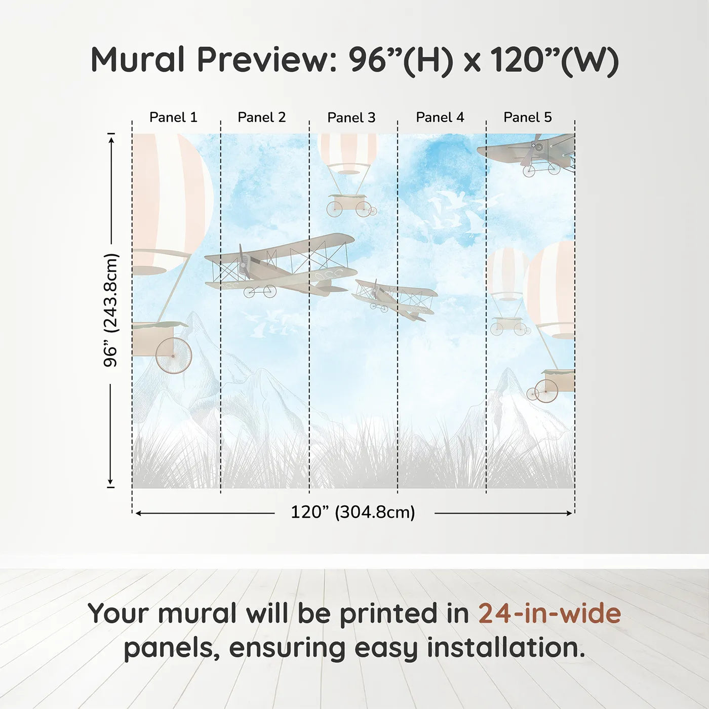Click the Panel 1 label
173,117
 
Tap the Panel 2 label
261,117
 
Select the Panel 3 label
351,117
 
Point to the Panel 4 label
440,117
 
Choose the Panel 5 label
527,117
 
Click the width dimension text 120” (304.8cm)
352,512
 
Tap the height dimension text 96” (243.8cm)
110,310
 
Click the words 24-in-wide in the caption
549,613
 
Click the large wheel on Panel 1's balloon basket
174,356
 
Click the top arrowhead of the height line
111,138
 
